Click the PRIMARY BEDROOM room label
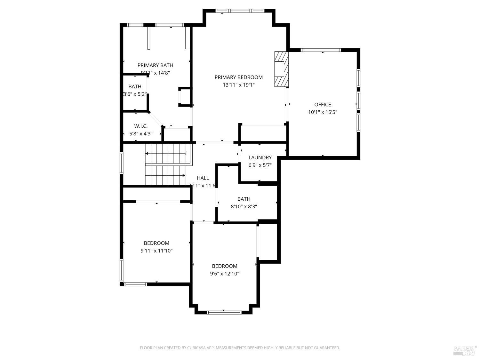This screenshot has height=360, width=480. click(x=238, y=77)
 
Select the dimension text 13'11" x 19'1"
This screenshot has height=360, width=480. click(x=238, y=85)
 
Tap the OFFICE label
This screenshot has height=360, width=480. click(x=323, y=105)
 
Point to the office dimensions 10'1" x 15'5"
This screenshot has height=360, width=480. click(x=323, y=112)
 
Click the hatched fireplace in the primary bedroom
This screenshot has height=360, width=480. click(x=281, y=69)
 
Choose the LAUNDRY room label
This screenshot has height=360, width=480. click(x=260, y=157)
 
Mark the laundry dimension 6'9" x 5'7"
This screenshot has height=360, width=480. click(x=260, y=165)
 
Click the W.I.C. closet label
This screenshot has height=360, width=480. click(x=141, y=126)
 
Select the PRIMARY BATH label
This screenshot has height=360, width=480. click(x=155, y=65)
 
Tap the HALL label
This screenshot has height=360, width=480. click(x=203, y=178)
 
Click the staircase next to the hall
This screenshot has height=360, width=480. click(x=166, y=164)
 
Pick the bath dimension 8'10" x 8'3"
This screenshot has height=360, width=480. click(x=244, y=207)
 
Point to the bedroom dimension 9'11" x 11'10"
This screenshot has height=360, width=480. click(x=156, y=251)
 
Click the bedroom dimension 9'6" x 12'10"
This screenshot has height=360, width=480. click(x=225, y=274)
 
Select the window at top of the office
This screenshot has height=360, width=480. click(x=321, y=50)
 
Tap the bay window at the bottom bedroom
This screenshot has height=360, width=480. click(x=224, y=312)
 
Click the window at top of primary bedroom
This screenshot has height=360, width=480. click(x=240, y=11)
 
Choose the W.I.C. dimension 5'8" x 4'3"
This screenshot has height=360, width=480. click(x=141, y=134)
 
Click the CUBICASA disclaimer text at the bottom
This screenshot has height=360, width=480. click(x=240, y=348)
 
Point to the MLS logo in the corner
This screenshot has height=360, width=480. click(x=465, y=350)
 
